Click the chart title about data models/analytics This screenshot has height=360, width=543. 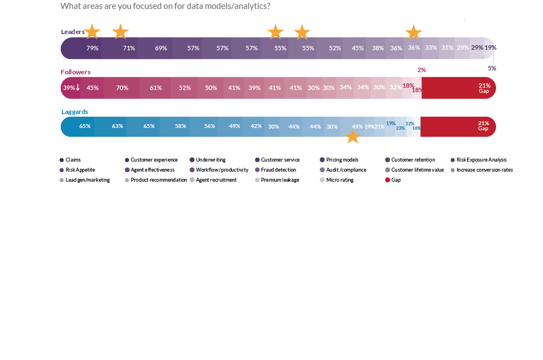[x=165, y=6]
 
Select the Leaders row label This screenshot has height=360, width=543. [x=72, y=32]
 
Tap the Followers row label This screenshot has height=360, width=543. [x=75, y=72]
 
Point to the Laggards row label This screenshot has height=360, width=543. [x=74, y=112]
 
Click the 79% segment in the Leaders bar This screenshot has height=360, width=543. [x=92, y=48]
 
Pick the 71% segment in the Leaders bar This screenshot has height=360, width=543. [x=129, y=48]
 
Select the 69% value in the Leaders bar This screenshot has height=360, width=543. [x=161, y=48]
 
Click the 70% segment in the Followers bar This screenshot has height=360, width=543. [x=122, y=88]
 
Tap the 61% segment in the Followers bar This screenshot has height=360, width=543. [x=155, y=88]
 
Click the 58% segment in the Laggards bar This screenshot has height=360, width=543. [x=180, y=126]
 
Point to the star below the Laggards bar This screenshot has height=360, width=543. [x=353, y=137]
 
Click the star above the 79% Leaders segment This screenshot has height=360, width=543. [x=92, y=31]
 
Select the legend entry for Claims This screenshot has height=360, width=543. [x=70, y=160]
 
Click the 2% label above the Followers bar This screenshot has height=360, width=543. [x=421, y=70]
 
